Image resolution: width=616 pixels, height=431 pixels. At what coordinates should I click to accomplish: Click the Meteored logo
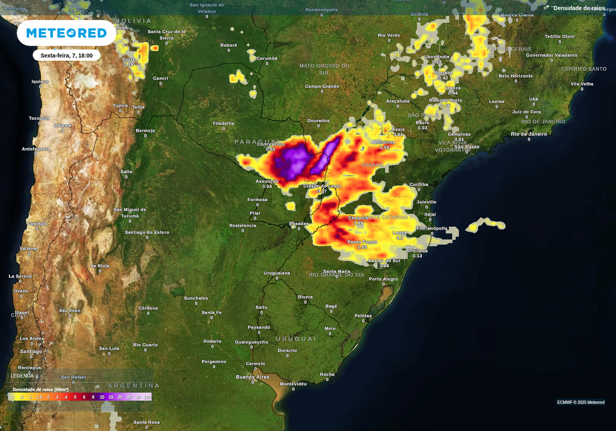(x=66, y=33)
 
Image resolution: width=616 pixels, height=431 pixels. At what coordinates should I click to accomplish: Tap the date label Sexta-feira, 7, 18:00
(x=66, y=55)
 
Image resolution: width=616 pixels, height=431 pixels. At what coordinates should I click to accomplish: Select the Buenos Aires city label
(x=253, y=377)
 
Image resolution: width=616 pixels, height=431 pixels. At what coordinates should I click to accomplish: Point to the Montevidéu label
(x=294, y=383)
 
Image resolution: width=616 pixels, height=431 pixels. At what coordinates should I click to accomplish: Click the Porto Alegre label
(x=383, y=279)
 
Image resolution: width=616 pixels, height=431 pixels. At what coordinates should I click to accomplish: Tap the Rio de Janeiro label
(x=529, y=134)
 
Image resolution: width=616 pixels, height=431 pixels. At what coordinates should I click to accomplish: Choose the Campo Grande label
(x=322, y=86)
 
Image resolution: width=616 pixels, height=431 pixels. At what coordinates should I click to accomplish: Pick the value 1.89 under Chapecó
(x=358, y=223)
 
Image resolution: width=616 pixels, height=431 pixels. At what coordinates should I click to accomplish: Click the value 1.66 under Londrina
(x=384, y=147)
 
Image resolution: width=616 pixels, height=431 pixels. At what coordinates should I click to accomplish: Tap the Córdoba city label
(x=148, y=308)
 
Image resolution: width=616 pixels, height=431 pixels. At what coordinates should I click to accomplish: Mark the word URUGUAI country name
(x=296, y=339)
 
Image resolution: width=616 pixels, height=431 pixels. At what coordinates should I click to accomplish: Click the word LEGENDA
(x=22, y=376)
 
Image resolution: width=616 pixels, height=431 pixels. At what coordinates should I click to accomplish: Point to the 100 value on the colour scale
(x=147, y=397)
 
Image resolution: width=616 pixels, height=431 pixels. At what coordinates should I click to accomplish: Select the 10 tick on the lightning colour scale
(x=102, y=397)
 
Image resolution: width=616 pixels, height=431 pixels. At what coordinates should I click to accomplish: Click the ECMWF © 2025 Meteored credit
(x=581, y=402)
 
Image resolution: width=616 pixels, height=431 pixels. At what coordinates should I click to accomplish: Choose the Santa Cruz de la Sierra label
(x=167, y=34)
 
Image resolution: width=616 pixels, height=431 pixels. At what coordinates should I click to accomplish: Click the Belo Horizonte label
(x=516, y=76)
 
